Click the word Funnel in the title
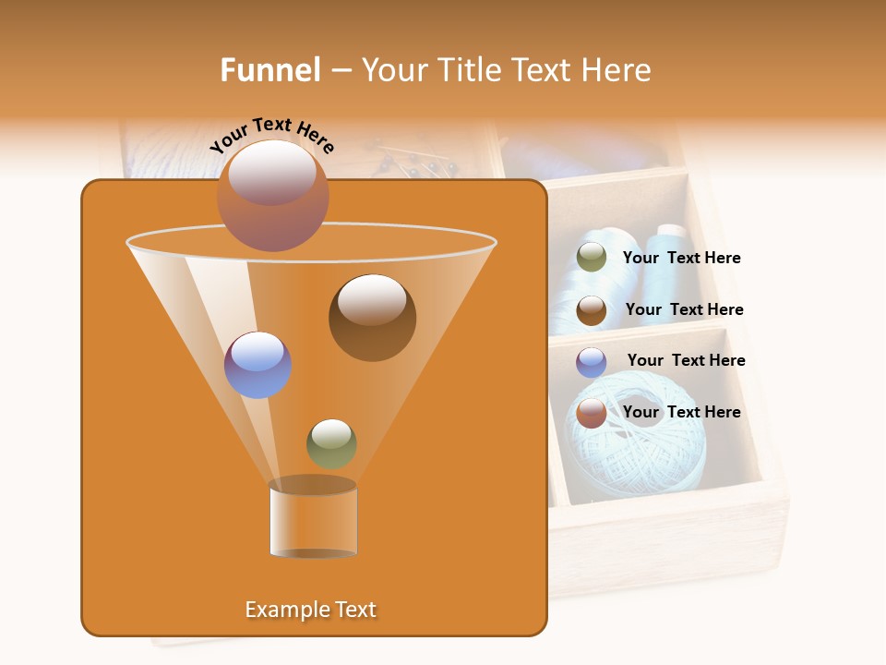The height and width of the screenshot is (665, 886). tap(269, 70)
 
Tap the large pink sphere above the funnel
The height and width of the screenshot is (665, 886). tap(272, 195)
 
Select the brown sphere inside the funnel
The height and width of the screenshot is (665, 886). tap(372, 317)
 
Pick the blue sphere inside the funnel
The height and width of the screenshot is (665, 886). tap(257, 365)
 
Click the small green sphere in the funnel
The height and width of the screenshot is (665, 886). tap(331, 443)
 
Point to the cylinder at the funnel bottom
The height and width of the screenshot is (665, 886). tap(313, 521)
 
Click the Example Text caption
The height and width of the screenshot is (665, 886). tap(310, 610)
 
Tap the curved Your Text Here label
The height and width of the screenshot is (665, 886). tap(272, 136)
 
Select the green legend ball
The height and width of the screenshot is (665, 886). tap(592, 258)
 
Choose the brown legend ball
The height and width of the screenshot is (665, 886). tap(592, 310)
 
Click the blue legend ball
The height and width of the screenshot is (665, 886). tap(592, 362)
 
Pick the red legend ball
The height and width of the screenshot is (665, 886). tap(592, 413)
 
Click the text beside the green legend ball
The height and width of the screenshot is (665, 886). tap(681, 259)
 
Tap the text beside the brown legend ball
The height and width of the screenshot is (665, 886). tap(684, 309)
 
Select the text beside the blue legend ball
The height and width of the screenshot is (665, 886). tap(686, 360)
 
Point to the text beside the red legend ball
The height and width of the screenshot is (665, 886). tap(681, 412)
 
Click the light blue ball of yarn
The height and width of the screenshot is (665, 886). tap(646, 453)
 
